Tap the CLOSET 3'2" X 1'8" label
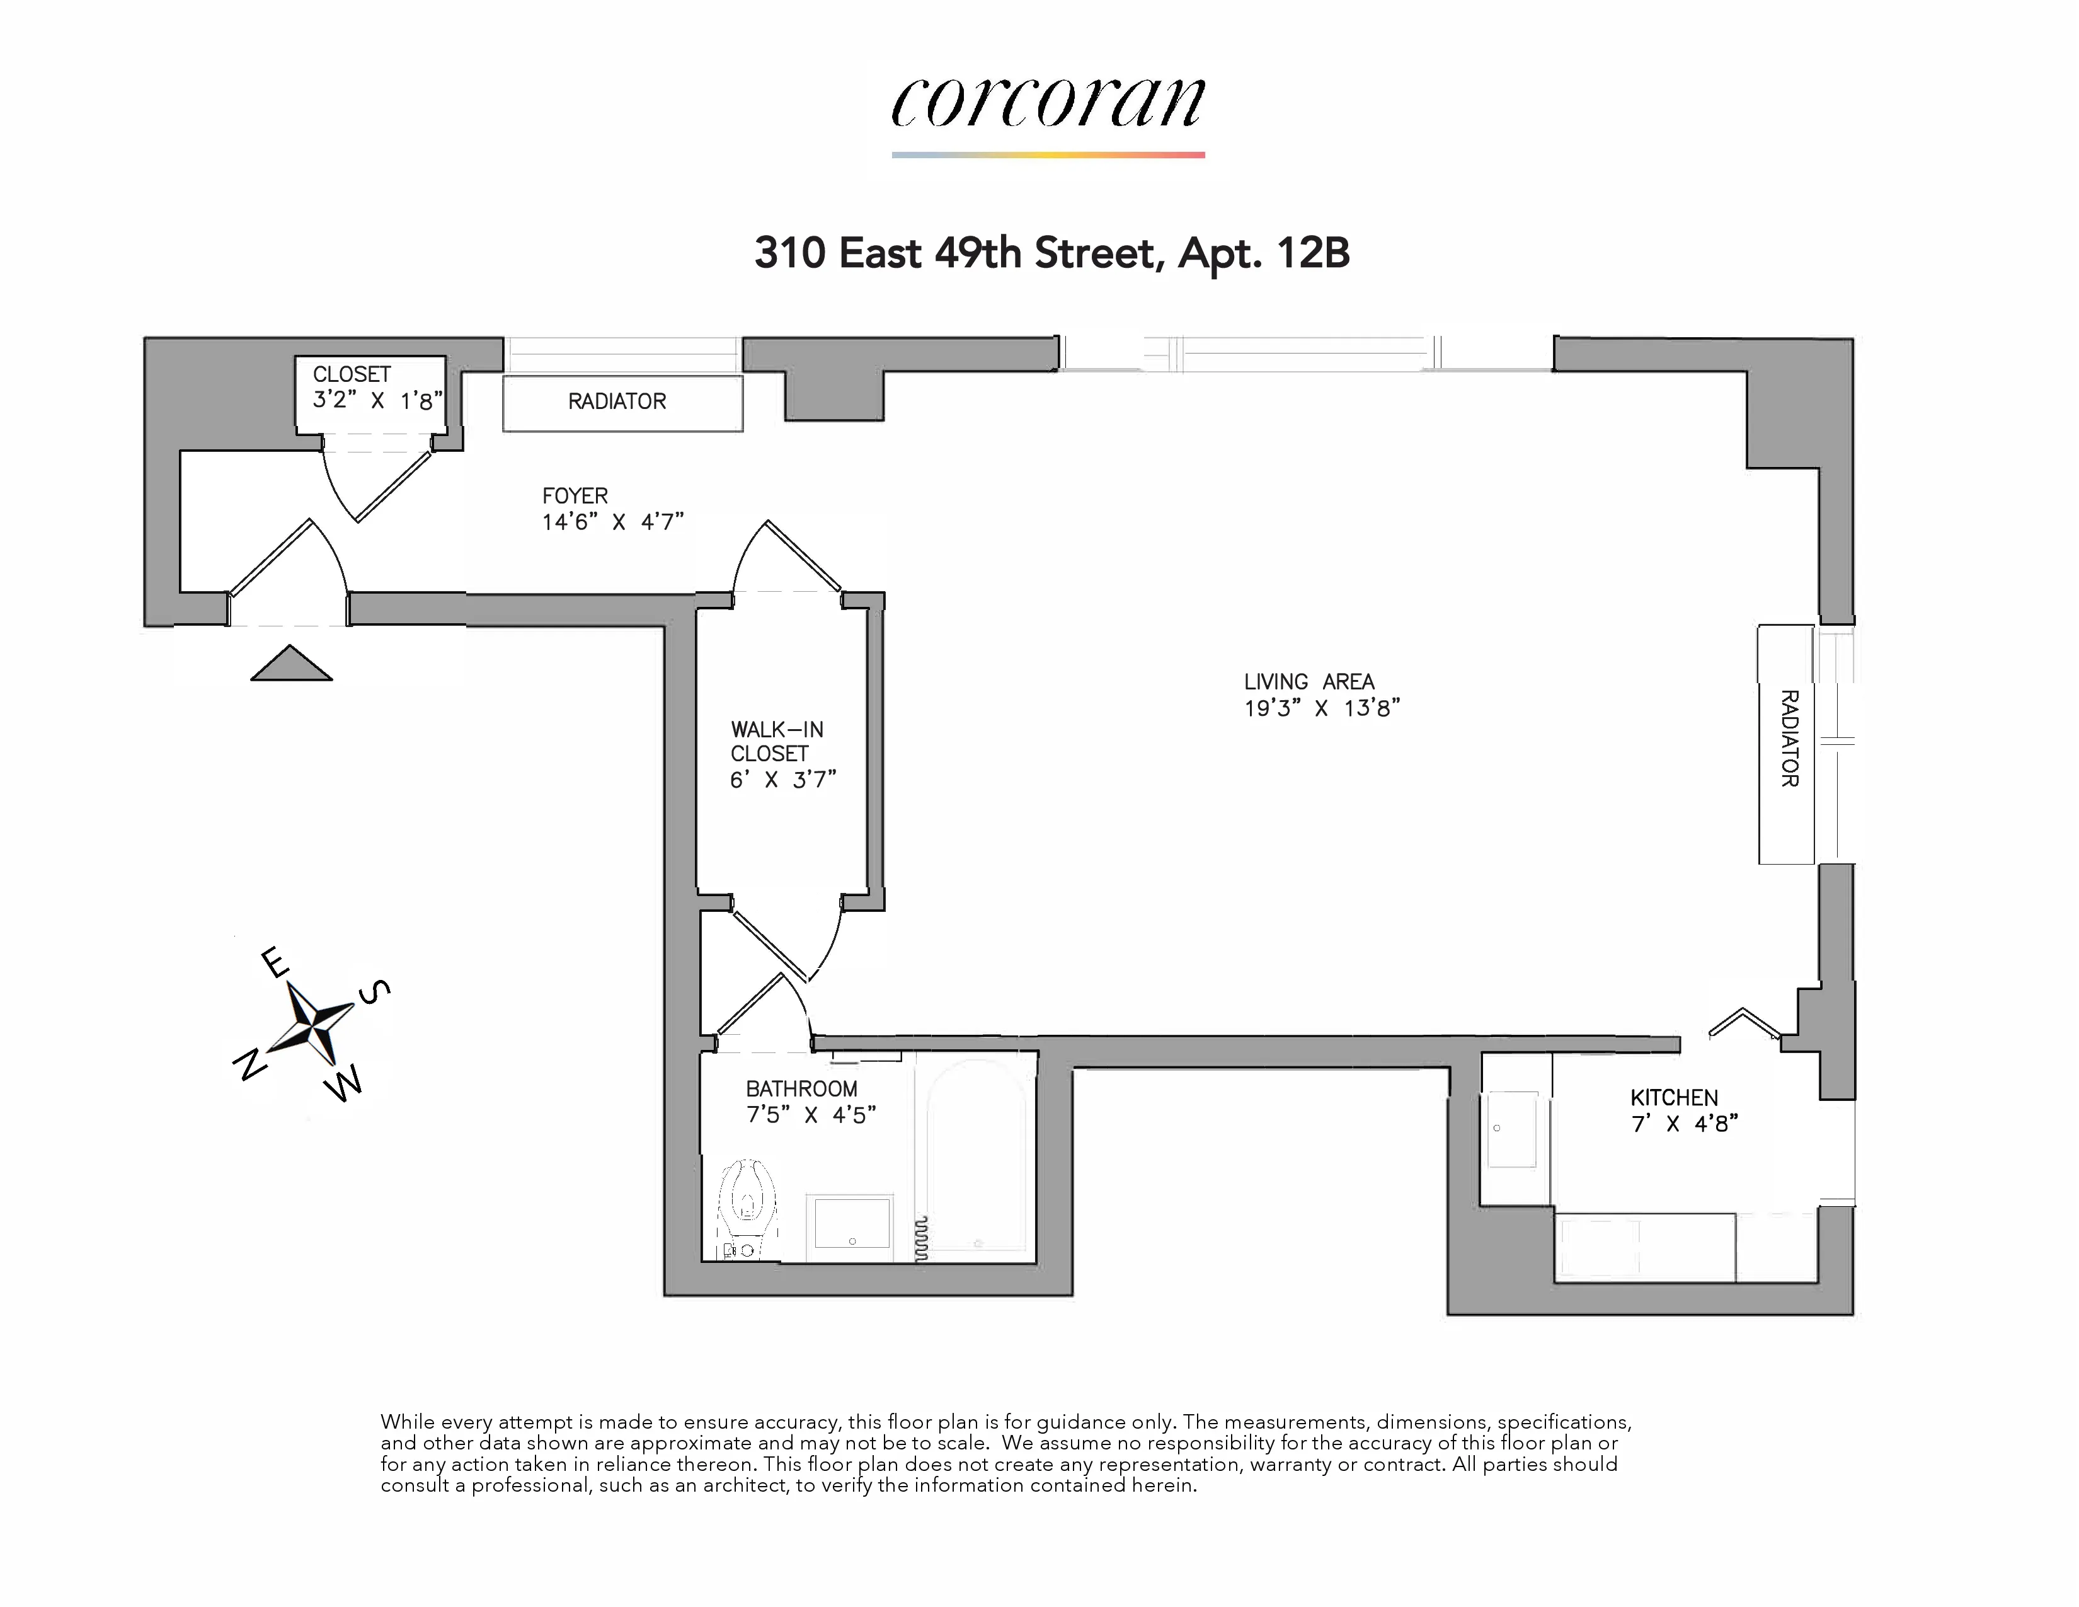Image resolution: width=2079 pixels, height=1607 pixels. tap(377, 388)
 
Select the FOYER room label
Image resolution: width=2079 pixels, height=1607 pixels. tap(575, 496)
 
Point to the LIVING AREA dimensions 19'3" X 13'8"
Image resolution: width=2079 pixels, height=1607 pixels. tap(1321, 708)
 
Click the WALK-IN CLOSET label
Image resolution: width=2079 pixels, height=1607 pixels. tap(777, 742)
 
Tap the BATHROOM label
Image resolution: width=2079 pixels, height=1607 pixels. tap(801, 1088)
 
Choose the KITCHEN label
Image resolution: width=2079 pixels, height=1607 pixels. tap(1673, 1098)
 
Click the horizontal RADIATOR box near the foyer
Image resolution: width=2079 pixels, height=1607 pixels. tap(622, 403)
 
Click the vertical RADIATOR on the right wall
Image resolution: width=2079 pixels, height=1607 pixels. tap(1787, 744)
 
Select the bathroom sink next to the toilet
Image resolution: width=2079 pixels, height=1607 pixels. tap(849, 1225)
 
